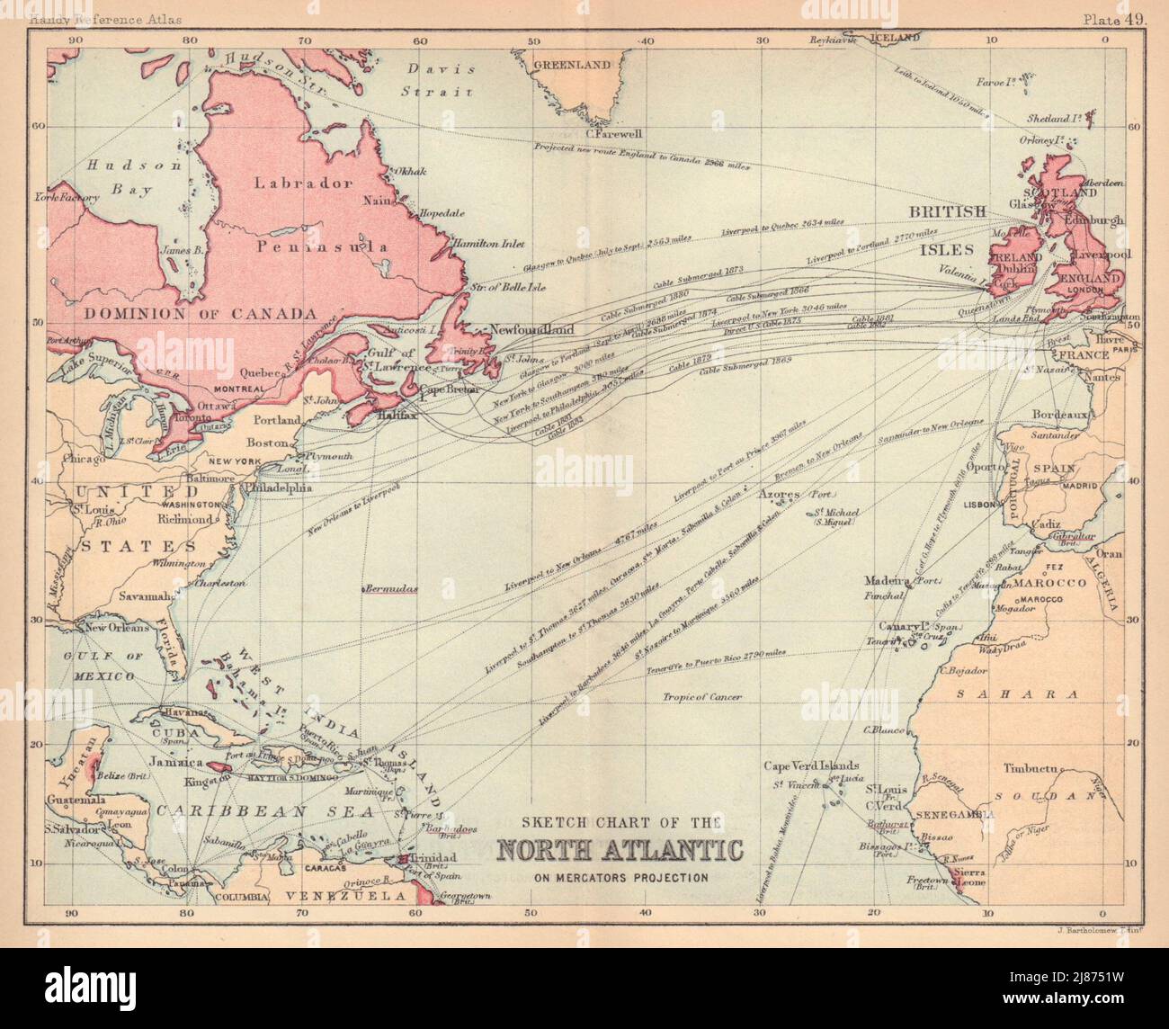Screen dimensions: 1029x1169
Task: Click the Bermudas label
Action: point(391,589)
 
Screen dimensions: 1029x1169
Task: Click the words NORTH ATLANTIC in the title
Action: point(620,850)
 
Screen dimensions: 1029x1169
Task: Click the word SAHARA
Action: point(1018,694)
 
